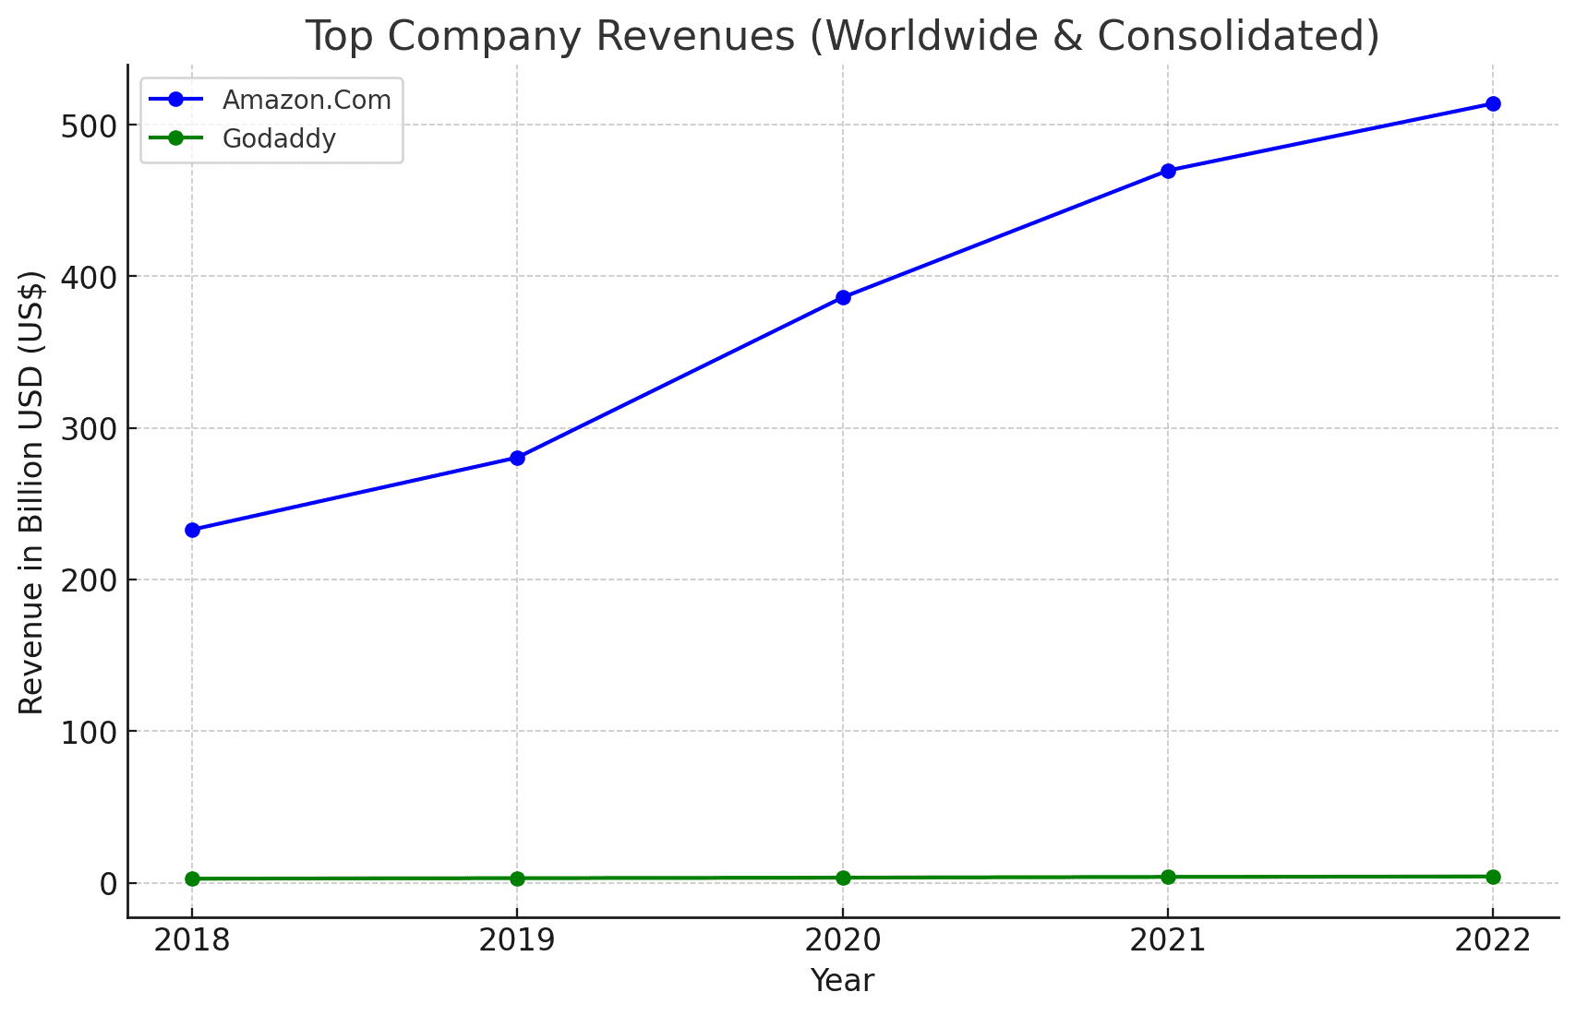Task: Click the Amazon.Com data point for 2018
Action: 192,530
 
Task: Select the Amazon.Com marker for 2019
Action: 517,458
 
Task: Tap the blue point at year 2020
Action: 843,297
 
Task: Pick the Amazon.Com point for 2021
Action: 1168,171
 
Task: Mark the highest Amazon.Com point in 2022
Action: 1493,103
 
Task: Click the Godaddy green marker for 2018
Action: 192,879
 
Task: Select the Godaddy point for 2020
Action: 843,878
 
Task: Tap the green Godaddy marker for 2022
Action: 1493,877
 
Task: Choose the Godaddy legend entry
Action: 279,138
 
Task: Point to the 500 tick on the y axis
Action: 88,126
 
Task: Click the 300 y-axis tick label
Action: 88,429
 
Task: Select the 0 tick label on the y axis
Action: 108,884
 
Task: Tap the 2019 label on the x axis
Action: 517,940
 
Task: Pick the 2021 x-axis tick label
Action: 1168,940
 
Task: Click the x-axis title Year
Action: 842,980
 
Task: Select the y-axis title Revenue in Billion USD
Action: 31,492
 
